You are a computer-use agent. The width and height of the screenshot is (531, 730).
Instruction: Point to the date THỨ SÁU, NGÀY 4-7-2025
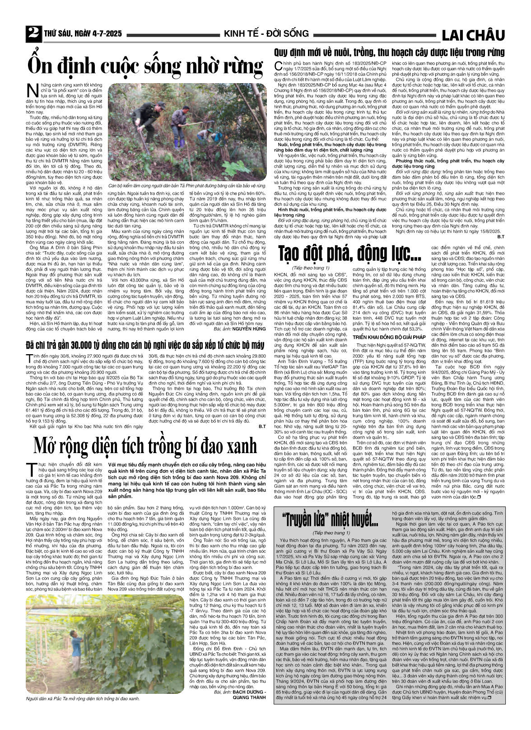(85, 34)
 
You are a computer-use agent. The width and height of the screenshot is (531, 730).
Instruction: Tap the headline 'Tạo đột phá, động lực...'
(349, 252)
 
